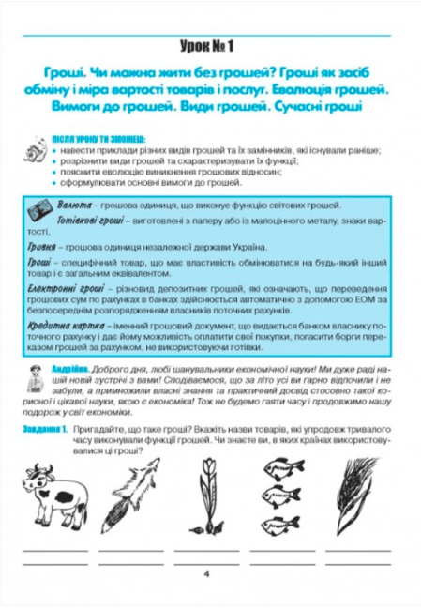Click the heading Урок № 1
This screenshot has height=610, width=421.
[x=210, y=45]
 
